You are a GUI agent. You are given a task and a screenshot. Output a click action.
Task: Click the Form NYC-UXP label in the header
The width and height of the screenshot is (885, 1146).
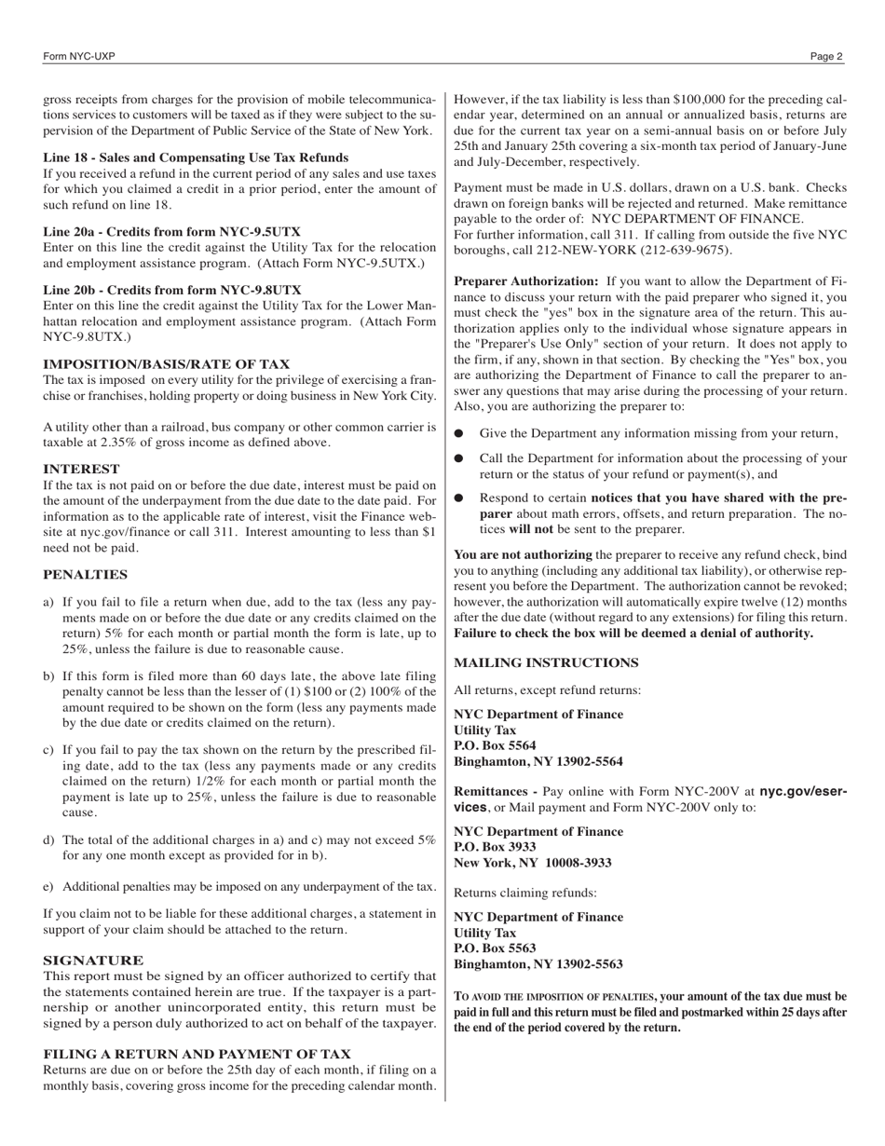pyautogui.click(x=79, y=57)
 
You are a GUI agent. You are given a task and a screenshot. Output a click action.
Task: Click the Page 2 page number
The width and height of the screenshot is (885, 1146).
pyautogui.click(x=825, y=57)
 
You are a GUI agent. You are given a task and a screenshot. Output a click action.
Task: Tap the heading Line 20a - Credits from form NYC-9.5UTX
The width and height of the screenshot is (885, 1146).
pyautogui.click(x=171, y=231)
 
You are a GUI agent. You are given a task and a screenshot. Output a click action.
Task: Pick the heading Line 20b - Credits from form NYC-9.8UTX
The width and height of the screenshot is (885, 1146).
pyautogui.click(x=171, y=290)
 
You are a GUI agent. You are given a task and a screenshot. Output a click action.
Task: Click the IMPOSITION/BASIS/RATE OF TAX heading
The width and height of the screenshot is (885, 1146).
pyautogui.click(x=166, y=364)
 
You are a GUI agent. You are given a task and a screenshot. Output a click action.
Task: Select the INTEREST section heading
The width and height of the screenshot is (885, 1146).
pyautogui.click(x=81, y=469)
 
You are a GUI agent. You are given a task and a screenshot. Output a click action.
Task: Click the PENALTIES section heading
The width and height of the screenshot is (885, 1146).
pyautogui.click(x=85, y=575)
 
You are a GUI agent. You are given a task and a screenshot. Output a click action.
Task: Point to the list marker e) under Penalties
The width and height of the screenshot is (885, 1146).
pyautogui.click(x=48, y=887)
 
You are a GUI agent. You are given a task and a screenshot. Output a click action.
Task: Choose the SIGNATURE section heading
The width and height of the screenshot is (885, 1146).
pyautogui.click(x=93, y=960)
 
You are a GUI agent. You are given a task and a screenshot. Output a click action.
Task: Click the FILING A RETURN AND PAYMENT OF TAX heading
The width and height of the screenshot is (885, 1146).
pyautogui.click(x=197, y=1054)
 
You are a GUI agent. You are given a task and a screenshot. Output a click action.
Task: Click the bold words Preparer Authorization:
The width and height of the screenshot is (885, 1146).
pyautogui.click(x=525, y=280)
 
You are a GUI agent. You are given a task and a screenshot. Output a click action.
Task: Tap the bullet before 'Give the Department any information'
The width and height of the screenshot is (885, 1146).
pyautogui.click(x=458, y=433)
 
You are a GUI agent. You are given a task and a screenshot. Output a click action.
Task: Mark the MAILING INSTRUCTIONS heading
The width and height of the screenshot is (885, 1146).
pyautogui.click(x=546, y=662)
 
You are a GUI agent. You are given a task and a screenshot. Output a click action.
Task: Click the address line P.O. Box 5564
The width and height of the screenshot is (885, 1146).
pyautogui.click(x=495, y=745)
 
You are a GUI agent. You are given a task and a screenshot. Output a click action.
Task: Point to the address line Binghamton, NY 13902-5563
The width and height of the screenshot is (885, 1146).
pyautogui.click(x=538, y=964)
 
